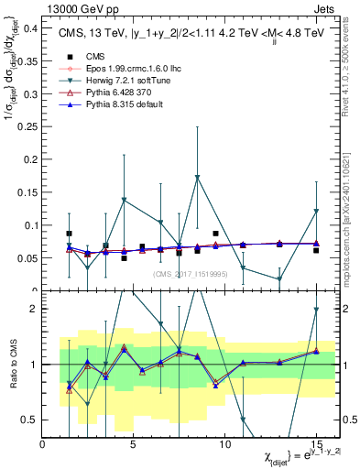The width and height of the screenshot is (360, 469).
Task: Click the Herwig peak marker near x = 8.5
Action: [x=197, y=178]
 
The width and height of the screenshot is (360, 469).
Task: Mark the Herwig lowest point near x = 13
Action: [x=279, y=279]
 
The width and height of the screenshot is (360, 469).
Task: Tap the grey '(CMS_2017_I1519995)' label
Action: [x=191, y=274]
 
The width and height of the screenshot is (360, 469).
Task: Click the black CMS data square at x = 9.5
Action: [x=215, y=234]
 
